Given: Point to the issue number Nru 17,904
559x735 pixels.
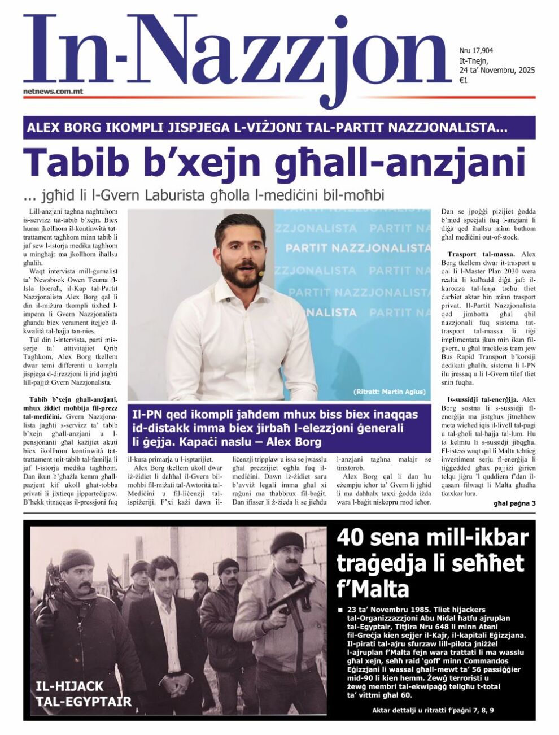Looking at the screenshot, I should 477,51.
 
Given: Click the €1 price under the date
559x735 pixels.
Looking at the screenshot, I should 464,80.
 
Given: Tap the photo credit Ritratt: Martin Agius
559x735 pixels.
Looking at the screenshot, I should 390,392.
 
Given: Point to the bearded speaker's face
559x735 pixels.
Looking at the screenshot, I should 240,249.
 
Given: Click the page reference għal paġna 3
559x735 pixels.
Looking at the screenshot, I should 514,503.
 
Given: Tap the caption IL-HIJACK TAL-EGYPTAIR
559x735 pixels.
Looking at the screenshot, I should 83,694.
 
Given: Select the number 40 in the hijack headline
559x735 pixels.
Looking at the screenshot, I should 352,537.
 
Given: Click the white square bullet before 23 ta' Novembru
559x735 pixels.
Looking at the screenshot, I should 340,611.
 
